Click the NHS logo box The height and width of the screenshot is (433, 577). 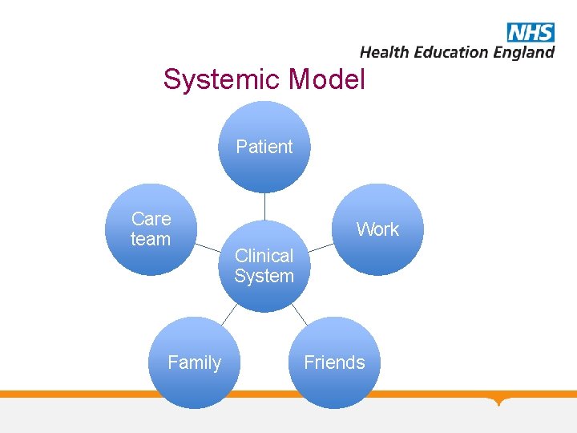[x=531, y=32]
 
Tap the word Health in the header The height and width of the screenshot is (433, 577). [x=385, y=53]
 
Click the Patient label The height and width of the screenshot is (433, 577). [x=264, y=147]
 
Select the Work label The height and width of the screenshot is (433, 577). [x=377, y=229]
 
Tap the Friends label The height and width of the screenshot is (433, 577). [x=334, y=362]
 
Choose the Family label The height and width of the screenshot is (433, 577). [x=194, y=362]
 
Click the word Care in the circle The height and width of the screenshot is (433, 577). [x=151, y=219]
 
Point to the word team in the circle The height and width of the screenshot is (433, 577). [x=151, y=239]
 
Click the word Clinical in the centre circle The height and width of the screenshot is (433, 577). [x=264, y=256]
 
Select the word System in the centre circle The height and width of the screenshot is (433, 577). [x=264, y=277]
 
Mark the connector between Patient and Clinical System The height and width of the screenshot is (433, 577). [x=264, y=206]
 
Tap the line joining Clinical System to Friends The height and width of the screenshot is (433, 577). [x=298, y=313]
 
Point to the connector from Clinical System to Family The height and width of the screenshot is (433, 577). [x=230, y=313]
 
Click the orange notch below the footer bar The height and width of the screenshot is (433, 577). [x=501, y=400]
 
